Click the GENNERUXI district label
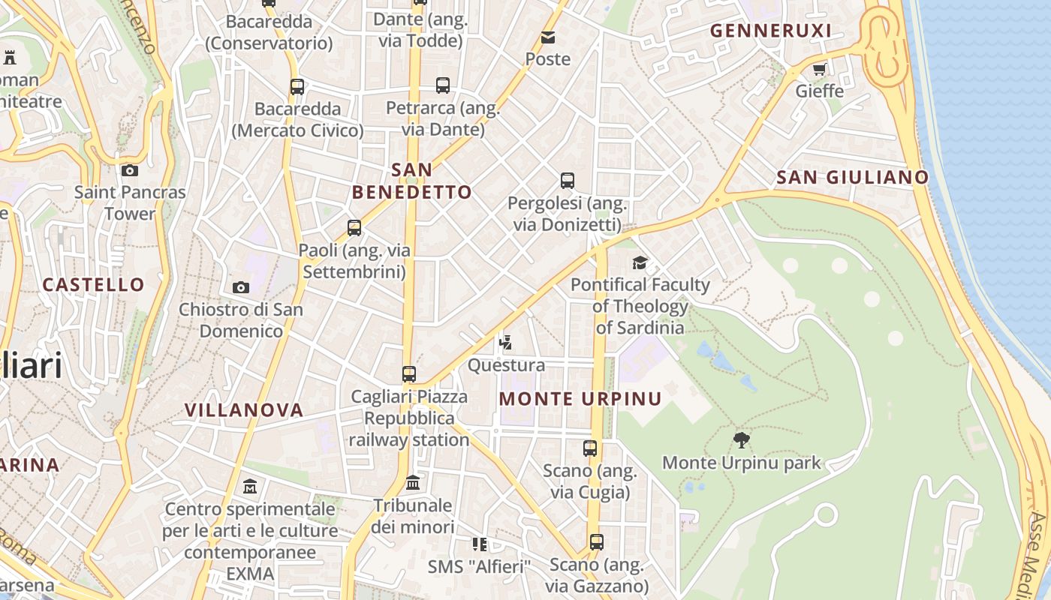770,31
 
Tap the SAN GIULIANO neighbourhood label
852,178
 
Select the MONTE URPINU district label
580,399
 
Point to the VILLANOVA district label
244,410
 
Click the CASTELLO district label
94,285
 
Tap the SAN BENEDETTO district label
412,181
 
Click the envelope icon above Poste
548,37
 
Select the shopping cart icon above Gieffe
819,70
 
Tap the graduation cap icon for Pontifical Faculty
640,262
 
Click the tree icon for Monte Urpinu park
742,440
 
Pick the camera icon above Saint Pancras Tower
129,171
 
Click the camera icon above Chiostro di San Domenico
241,287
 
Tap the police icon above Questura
506,343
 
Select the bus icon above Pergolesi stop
568,181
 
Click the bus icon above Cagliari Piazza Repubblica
409,374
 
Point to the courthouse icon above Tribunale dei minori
413,483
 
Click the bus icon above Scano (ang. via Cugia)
590,448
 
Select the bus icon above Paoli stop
354,228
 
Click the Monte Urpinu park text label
742,463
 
